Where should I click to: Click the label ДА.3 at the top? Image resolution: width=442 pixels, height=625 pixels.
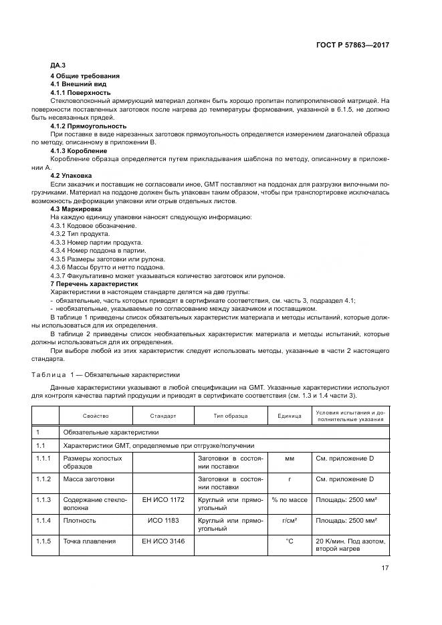[58, 66]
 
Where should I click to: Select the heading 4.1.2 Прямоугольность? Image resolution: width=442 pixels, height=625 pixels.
[88, 126]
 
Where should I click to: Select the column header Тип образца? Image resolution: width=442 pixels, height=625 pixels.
[230, 415]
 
